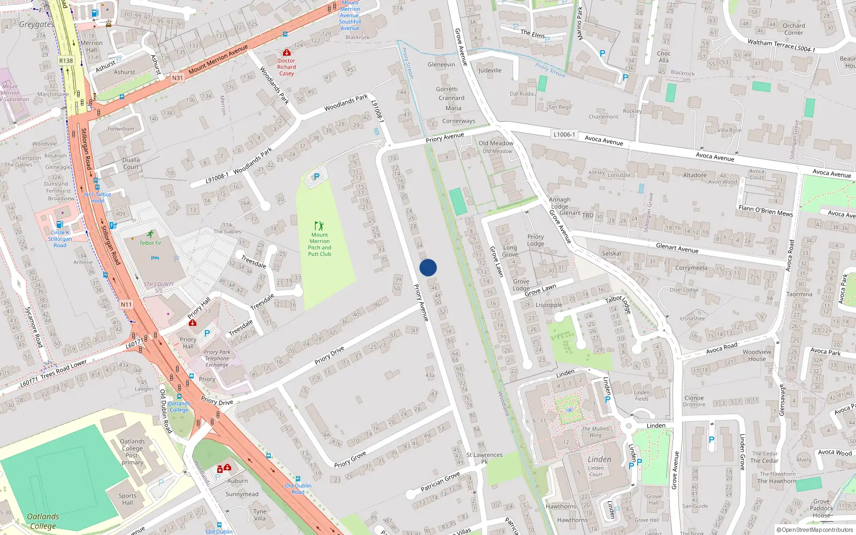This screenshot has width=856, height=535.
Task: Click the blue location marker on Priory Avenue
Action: (428, 267)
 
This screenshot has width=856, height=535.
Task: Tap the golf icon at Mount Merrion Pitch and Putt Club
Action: (319, 226)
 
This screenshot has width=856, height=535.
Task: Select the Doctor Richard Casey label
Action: (287, 67)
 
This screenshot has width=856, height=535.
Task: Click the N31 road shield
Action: (177, 78)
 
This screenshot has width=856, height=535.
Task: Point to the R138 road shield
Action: (66, 61)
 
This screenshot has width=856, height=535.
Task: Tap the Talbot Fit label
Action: (150, 243)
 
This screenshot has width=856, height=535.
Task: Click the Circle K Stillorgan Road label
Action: (60, 239)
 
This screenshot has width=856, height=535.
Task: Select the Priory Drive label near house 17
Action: (330, 355)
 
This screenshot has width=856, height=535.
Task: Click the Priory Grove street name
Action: (350, 459)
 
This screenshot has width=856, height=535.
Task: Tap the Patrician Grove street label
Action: (440, 481)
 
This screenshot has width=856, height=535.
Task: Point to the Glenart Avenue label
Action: (677, 248)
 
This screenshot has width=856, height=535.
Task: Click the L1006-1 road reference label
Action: (564, 134)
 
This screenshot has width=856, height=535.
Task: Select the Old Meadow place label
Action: (496, 143)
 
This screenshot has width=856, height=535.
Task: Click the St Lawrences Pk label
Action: (484, 458)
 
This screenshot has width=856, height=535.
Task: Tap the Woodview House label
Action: (757, 355)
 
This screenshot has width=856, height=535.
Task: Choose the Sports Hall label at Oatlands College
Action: (127, 499)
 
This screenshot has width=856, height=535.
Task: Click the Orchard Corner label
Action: (793, 29)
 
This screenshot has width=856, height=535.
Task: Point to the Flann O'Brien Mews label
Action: (766, 211)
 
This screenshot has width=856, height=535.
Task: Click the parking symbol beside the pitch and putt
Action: (316, 177)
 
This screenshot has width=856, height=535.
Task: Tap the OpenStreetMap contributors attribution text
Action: (814, 530)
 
